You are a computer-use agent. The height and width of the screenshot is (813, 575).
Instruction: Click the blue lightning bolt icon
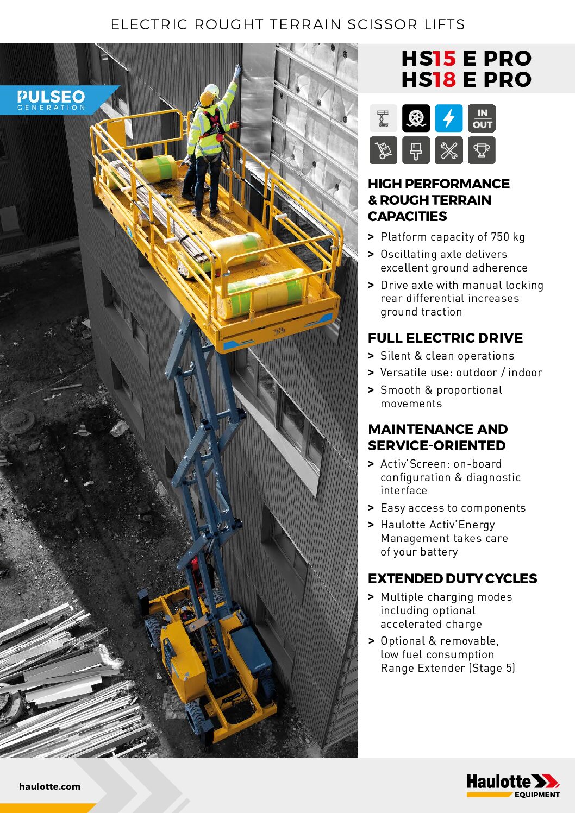(449, 118)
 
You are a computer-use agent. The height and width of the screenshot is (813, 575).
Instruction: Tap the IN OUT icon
(482, 118)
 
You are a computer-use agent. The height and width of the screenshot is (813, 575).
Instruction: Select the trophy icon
(482, 150)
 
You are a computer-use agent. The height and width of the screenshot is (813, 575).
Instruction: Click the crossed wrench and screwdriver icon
(449, 150)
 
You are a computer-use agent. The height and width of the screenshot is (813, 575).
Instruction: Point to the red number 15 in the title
(444, 59)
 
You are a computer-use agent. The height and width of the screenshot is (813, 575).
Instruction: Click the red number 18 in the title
(444, 80)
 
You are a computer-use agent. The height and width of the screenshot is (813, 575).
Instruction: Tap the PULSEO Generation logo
(52, 100)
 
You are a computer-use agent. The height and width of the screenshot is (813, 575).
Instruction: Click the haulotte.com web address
(49, 786)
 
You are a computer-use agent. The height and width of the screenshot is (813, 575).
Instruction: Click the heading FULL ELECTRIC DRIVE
(445, 338)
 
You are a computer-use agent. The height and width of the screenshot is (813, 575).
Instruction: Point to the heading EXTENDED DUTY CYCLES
(452, 578)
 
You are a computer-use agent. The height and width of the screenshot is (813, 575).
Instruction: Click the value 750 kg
(508, 237)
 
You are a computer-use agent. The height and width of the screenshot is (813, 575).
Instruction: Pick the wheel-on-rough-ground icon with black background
(416, 118)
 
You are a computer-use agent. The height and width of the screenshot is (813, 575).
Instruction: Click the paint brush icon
(416, 150)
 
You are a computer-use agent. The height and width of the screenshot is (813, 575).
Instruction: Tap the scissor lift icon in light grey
(384, 118)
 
